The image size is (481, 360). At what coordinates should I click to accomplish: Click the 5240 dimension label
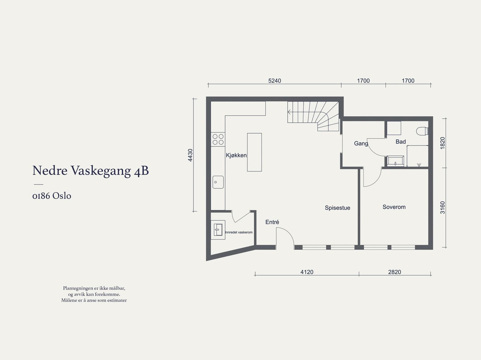274,81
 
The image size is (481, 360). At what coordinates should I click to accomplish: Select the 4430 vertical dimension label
190,155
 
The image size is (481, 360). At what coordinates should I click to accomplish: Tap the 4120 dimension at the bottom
307,272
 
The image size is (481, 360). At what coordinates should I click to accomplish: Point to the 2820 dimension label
394,272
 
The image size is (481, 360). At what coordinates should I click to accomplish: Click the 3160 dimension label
443,207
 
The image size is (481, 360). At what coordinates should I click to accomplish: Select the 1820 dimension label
443,143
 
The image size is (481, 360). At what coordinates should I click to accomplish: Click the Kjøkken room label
236,155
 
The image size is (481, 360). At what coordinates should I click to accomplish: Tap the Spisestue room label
337,208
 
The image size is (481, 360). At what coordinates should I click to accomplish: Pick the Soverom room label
394,207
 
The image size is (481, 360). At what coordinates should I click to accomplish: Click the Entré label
272,222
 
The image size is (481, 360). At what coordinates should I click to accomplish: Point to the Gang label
361,143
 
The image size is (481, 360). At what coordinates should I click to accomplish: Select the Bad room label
400,142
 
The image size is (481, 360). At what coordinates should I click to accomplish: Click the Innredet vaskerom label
239,232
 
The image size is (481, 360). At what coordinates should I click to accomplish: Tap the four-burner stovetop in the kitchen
218,139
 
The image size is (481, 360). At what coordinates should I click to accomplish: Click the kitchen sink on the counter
218,182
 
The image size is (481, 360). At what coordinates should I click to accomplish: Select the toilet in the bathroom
422,131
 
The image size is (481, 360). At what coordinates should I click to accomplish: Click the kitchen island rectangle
254,152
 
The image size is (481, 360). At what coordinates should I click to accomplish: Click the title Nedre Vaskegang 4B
90,171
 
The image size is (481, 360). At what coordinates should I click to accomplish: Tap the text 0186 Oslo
52,196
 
